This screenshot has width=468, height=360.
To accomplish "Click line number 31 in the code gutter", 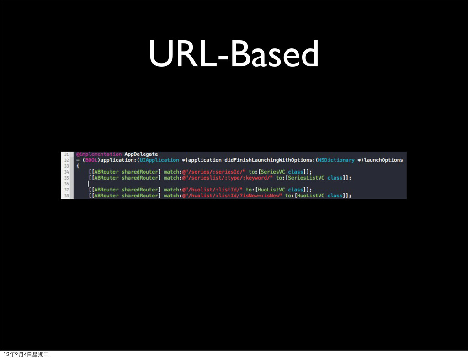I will tap(66, 154).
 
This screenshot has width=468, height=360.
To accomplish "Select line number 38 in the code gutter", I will tap(66, 196).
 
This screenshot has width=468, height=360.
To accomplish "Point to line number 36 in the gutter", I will tap(66, 184).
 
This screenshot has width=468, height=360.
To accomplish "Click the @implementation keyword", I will tap(99, 154).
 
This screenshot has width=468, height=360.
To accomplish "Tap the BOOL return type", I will tap(90, 160).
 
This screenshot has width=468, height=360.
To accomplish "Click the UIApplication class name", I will tap(160, 160).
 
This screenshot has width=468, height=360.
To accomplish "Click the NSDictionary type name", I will tap(336, 160).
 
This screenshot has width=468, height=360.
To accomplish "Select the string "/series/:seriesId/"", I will tap(215, 172).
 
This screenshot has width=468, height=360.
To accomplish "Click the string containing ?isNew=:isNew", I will tap(234, 196).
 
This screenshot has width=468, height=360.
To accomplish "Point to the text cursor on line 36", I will tap(89, 184).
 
